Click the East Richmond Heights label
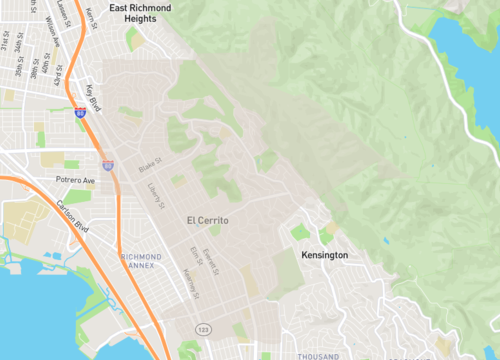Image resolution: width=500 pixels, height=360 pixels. coord(142,12)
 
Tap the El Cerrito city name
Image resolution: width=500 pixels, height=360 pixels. coord(208,220)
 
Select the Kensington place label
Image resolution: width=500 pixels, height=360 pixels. coord(325,256)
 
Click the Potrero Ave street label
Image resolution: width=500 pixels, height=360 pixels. coord(75,181)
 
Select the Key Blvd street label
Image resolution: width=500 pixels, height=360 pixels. coord(93,98)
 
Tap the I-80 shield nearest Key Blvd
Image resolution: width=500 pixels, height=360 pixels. coord(80,115)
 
